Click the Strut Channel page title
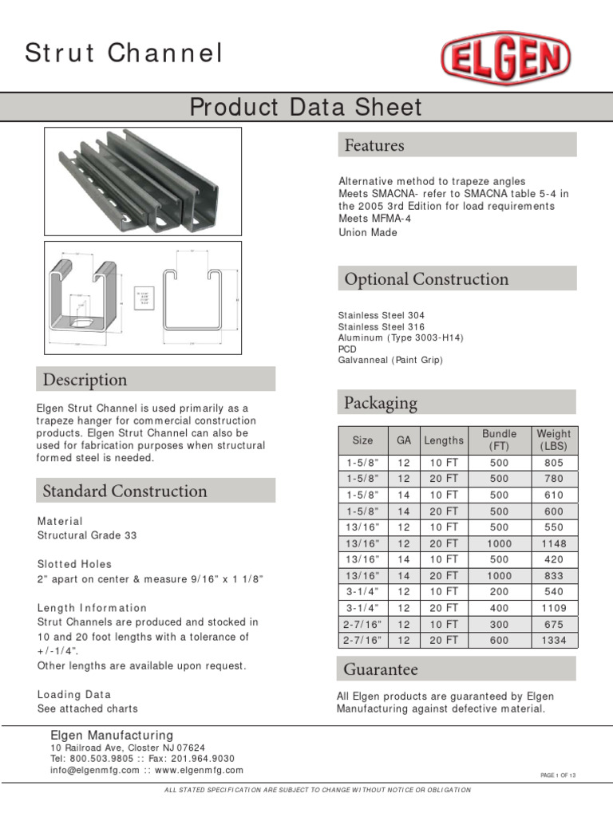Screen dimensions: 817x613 124,53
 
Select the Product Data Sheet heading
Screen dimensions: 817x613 306,107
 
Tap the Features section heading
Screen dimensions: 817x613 374,145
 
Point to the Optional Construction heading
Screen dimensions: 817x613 426,279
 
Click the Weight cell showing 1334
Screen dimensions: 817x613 553,640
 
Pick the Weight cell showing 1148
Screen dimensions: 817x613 553,543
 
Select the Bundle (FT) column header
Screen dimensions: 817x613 499,440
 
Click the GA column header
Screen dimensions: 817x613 403,440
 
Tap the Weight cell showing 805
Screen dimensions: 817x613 553,463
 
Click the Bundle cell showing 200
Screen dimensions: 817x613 499,592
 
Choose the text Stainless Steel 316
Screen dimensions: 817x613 382,327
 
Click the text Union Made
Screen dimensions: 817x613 368,233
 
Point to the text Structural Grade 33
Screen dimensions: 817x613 87,535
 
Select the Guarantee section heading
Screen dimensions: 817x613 381,669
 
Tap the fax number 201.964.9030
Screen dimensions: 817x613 200,758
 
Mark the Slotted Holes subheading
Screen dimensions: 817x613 75,564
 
